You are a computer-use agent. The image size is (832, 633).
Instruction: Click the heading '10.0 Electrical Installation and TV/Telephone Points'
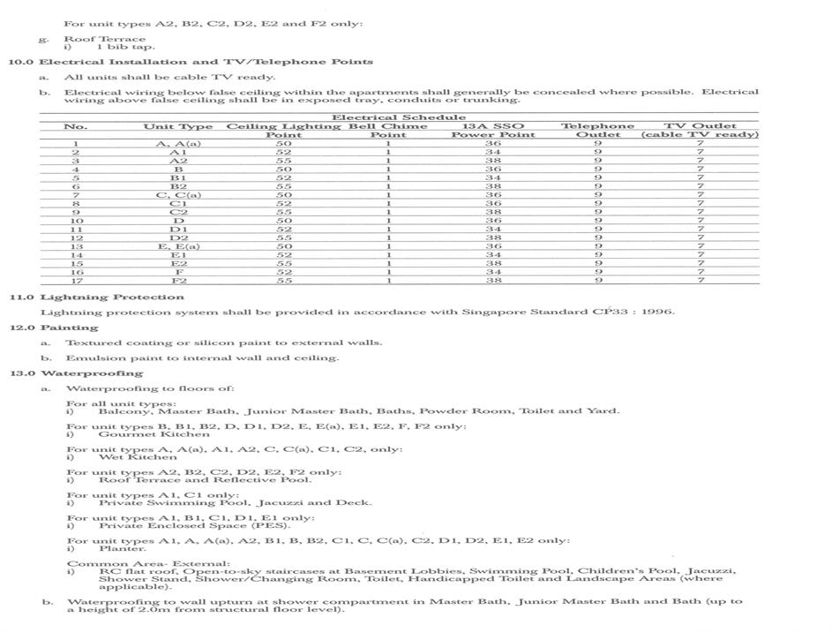191,62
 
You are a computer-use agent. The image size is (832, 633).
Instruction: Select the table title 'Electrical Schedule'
398,117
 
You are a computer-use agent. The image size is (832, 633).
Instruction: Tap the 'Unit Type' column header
178,126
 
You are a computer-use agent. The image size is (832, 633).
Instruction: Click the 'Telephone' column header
597,126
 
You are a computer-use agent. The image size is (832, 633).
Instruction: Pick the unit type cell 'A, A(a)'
178,143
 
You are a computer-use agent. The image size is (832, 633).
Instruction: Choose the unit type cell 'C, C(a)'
178,195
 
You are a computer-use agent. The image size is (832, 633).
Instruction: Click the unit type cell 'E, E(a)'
178,246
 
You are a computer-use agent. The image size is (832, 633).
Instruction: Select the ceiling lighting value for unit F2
283,281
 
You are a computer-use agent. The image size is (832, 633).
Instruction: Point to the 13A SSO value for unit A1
493,152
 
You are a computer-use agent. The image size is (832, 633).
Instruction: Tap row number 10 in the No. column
76,221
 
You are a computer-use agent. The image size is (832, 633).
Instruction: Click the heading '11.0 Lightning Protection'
97,298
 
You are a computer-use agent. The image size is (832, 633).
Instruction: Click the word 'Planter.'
122,548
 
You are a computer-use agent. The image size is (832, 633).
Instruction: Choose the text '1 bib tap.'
124,47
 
